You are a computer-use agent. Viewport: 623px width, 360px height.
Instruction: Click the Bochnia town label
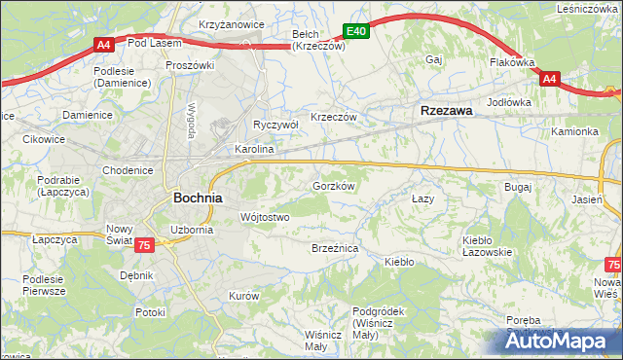click(x=197, y=197)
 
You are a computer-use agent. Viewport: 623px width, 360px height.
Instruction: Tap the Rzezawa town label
click(x=446, y=111)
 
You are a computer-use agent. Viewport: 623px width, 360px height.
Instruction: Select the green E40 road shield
click(x=357, y=32)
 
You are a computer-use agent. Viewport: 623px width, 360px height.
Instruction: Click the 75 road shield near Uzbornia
click(x=143, y=247)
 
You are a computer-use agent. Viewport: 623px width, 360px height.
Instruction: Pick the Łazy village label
click(x=422, y=198)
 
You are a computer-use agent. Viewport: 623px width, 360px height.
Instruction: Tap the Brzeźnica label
click(x=335, y=249)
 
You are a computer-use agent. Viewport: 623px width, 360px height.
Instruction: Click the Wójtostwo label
click(x=264, y=217)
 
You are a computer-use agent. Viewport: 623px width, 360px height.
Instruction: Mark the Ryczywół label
click(x=275, y=126)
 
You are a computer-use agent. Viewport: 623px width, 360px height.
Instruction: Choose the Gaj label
click(x=434, y=60)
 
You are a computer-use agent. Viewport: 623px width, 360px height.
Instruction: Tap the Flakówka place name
click(x=512, y=62)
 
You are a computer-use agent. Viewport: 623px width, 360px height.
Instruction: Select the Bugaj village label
click(x=517, y=186)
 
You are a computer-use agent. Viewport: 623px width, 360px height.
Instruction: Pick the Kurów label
click(x=243, y=295)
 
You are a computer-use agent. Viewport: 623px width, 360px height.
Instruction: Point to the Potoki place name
click(x=151, y=312)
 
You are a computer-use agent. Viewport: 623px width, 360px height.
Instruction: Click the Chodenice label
click(x=128, y=170)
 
